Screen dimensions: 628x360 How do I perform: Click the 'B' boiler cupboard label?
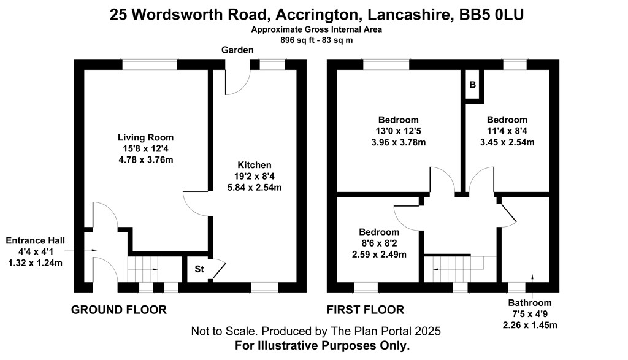[x=473, y=85]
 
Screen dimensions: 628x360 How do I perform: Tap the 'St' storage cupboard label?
[x=199, y=269]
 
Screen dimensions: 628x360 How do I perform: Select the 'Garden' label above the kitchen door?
[x=237, y=50]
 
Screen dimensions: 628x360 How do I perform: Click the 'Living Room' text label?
[x=146, y=137]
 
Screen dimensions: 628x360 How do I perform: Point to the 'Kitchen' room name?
[x=255, y=165]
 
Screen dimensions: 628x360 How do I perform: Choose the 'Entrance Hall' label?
[x=35, y=240]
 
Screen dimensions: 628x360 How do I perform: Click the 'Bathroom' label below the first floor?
[x=530, y=303]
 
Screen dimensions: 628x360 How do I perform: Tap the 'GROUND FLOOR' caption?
[x=119, y=310]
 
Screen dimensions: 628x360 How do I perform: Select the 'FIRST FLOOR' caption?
[x=366, y=310]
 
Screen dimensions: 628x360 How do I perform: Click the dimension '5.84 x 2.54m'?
[x=255, y=188]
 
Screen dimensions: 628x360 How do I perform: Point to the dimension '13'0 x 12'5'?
[x=399, y=131]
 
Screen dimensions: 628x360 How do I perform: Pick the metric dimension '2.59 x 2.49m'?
[x=379, y=255]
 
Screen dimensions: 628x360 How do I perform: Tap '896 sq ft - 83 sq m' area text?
[x=316, y=40]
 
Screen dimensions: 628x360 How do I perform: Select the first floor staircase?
[x=458, y=269]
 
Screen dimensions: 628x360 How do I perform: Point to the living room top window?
[x=150, y=64]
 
